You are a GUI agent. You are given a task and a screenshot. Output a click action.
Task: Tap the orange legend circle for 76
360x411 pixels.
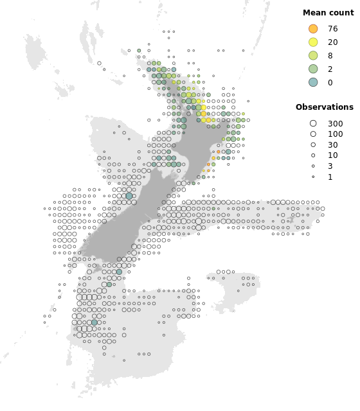point(313,29)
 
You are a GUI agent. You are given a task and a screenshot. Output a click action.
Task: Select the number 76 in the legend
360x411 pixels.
point(332,29)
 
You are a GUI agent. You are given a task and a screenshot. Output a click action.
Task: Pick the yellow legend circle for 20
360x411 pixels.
point(313,42)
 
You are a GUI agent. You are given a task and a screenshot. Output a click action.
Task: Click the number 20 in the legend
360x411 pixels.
point(332,42)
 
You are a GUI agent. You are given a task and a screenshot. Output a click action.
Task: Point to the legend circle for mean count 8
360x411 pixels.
point(313,55)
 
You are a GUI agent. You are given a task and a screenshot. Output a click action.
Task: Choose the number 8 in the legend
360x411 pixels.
point(330,56)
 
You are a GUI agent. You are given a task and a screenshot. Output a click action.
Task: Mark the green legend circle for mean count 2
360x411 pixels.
point(313,69)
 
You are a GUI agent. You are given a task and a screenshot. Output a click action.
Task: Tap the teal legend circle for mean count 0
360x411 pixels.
point(313,82)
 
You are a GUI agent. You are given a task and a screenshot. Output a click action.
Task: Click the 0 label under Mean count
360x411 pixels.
point(330,83)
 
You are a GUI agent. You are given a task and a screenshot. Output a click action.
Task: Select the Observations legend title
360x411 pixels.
point(325,107)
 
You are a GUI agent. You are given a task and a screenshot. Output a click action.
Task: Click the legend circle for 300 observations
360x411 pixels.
point(313,123)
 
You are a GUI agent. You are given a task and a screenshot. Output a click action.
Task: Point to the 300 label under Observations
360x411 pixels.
point(335,124)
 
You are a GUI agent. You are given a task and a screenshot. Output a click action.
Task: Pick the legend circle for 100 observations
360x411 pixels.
point(313,134)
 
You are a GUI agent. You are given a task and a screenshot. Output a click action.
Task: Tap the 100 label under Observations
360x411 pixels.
point(335,134)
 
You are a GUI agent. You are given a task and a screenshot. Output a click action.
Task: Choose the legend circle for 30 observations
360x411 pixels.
point(313,145)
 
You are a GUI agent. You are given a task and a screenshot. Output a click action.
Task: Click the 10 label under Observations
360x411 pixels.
point(332,156)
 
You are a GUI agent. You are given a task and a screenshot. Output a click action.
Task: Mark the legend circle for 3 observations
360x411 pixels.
point(313,166)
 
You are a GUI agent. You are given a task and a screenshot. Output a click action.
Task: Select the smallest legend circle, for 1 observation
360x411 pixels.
point(313,177)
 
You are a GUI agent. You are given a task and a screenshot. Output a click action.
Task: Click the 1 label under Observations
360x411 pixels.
point(330,177)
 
